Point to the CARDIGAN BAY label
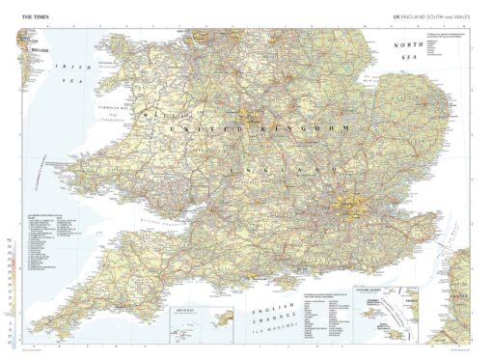tap(112, 109)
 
